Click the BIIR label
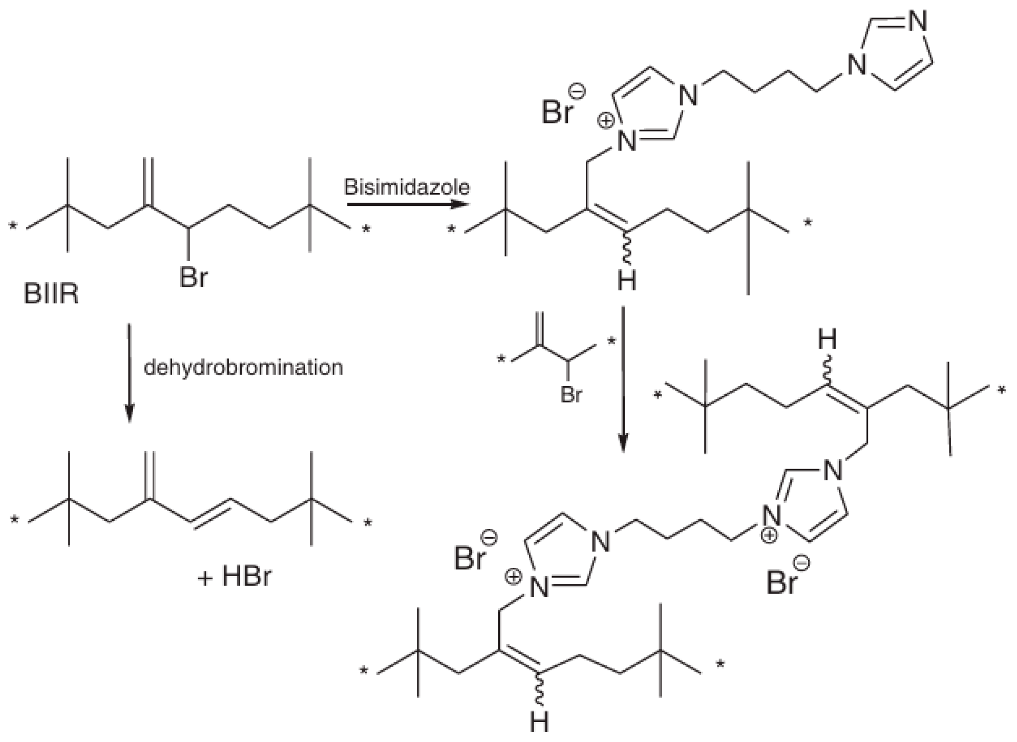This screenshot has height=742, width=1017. [x=51, y=295]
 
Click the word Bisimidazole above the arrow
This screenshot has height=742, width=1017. [x=407, y=187]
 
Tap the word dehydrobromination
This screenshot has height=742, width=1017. [x=243, y=368]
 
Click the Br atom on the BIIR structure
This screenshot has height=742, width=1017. [x=193, y=278]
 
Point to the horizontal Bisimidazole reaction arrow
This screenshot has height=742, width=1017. [x=408, y=204]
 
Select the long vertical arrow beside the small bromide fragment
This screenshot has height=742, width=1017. [x=623, y=379]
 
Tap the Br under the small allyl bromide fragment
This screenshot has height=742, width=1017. [x=571, y=395]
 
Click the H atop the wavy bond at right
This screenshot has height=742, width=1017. [x=827, y=340]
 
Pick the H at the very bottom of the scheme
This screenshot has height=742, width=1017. [x=539, y=723]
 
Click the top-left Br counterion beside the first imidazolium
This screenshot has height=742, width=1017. [x=556, y=111]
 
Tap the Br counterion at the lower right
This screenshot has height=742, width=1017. [x=781, y=583]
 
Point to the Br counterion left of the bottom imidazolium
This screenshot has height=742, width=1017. [x=469, y=558]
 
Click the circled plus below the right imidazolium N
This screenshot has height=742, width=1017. [x=768, y=536]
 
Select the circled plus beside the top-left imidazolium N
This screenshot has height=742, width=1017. [x=606, y=121]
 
